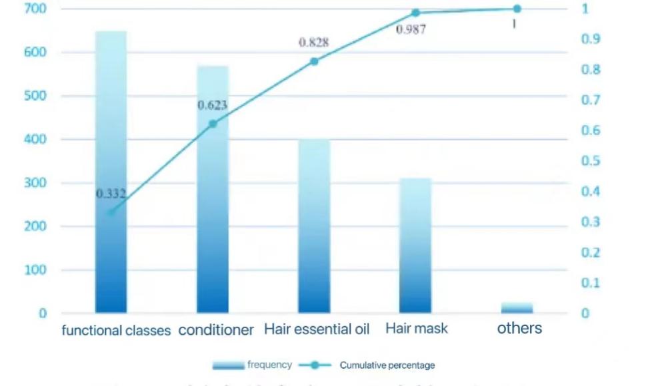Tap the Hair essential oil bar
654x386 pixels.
(314, 226)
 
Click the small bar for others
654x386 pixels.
(517, 307)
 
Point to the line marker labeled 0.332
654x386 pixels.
(111, 212)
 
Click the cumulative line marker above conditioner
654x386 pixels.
(213, 124)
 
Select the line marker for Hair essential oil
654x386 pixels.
(314, 61)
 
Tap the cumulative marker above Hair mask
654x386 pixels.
(416, 13)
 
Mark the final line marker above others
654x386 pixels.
(517, 9)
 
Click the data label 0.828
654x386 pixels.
(313, 43)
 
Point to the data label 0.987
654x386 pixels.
(411, 29)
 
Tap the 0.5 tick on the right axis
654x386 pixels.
(589, 161)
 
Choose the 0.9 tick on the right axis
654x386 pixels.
(589, 39)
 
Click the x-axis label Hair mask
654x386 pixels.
(417, 329)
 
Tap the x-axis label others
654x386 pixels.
(519, 328)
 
